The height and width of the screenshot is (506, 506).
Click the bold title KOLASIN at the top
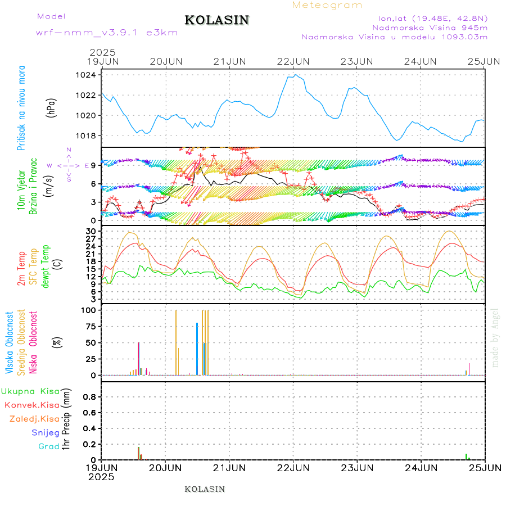(x=216, y=20)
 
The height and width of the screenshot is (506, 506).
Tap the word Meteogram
(x=327, y=5)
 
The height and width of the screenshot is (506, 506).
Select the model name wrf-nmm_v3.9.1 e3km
(x=107, y=32)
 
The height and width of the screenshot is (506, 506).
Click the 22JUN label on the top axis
(x=293, y=61)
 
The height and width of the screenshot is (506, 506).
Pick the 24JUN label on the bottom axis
(x=421, y=468)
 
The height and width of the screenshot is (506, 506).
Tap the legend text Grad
(x=48, y=446)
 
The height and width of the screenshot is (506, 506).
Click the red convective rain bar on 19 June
(x=139, y=453)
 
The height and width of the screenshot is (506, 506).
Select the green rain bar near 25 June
(x=466, y=457)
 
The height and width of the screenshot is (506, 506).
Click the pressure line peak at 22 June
(x=296, y=75)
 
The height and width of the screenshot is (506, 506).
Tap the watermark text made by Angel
(x=495, y=337)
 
